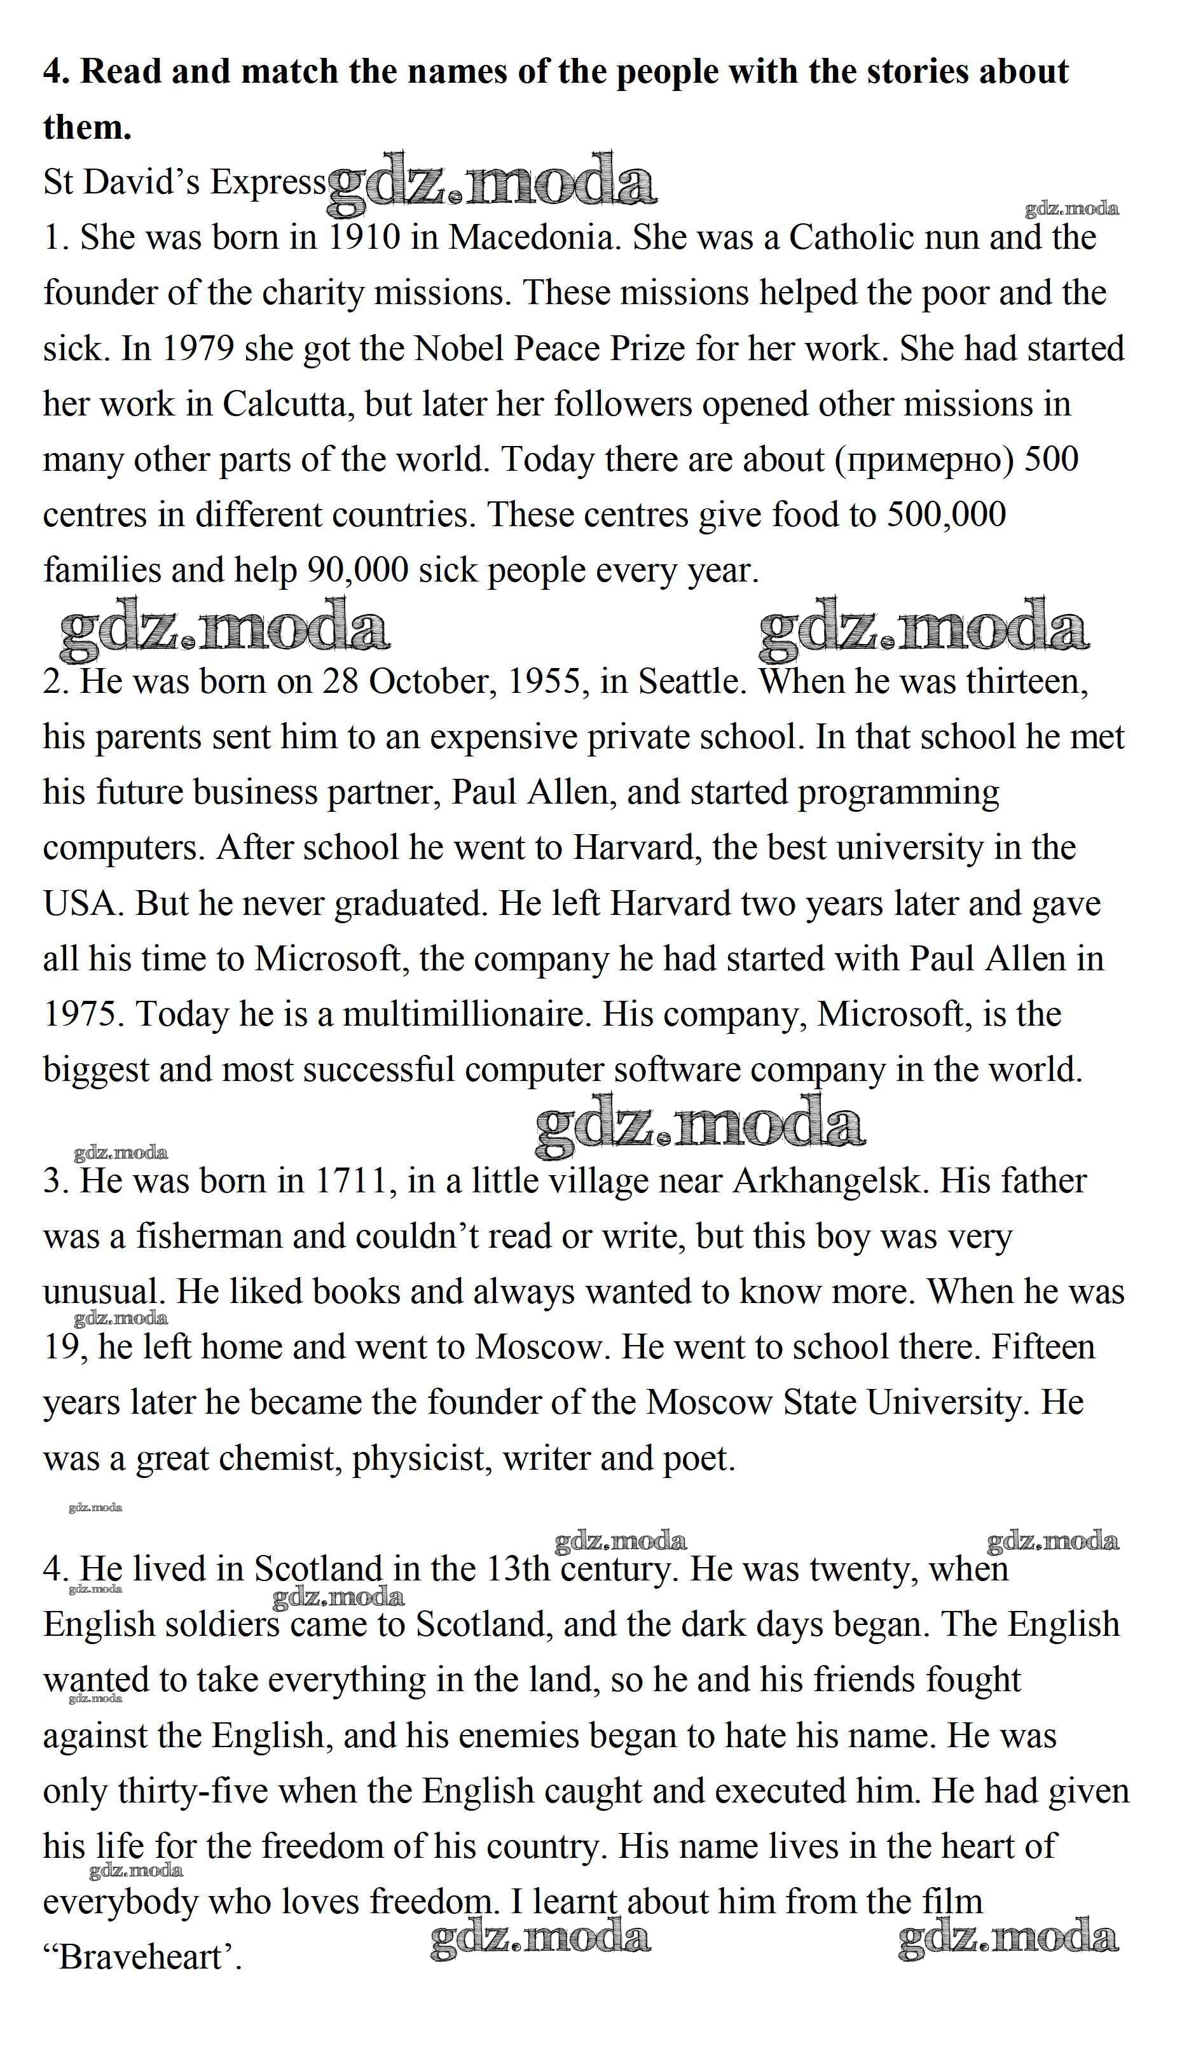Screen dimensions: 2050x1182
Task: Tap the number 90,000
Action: click(357, 570)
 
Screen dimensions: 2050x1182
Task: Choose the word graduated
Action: click(411, 904)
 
